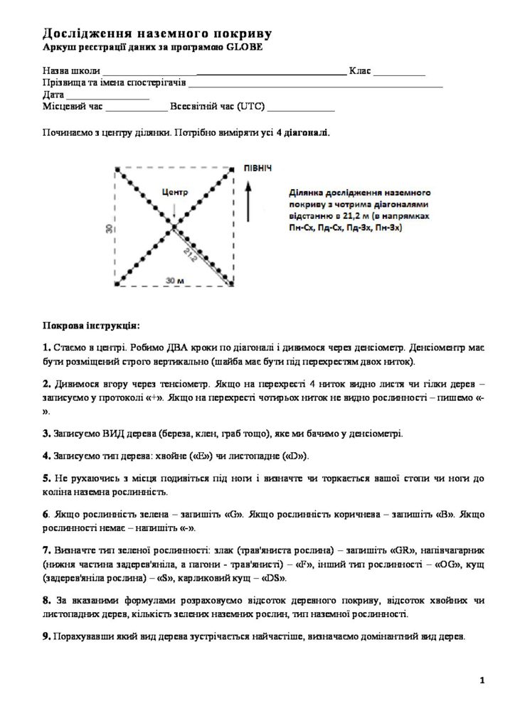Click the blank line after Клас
[399, 73]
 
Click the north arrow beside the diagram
[248, 203]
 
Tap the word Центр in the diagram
[174, 191]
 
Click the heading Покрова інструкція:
[92, 325]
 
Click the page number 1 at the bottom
[482, 681]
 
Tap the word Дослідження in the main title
[89, 33]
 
